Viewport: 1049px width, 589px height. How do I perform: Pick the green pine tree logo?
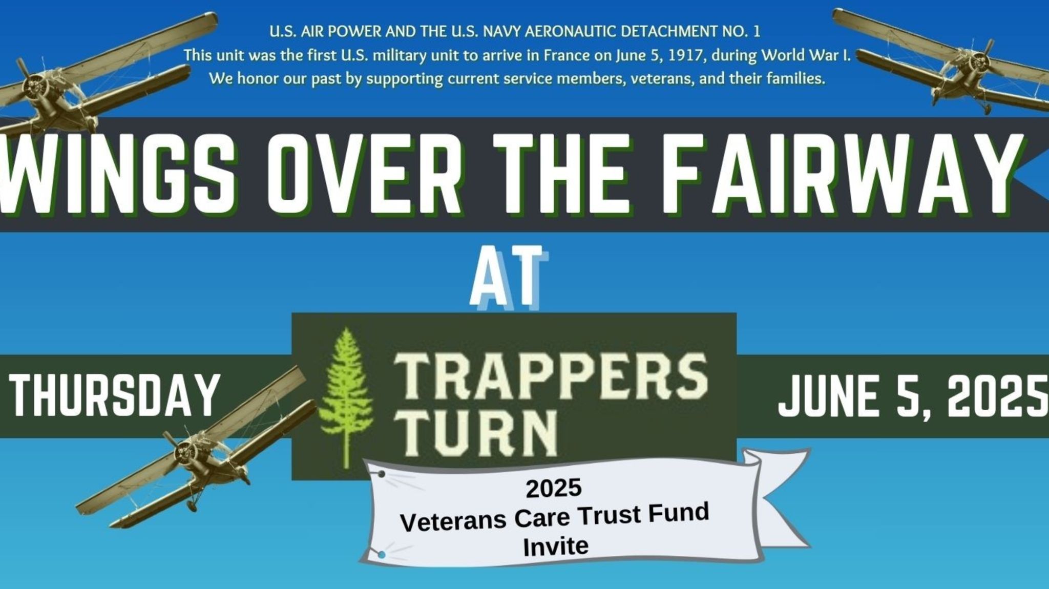click(345, 397)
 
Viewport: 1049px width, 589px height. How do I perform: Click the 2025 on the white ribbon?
click(554, 488)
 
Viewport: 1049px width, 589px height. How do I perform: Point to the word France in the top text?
click(567, 55)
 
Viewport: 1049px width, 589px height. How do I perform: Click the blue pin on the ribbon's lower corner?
click(381, 554)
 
